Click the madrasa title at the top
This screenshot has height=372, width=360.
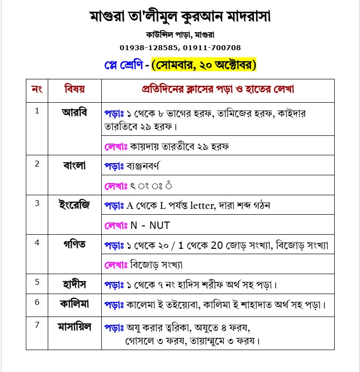point(180,17)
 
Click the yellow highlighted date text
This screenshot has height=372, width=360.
point(204,65)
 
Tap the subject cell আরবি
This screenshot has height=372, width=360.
point(75,112)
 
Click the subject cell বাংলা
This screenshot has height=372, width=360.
point(75,165)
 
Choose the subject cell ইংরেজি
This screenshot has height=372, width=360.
point(75,204)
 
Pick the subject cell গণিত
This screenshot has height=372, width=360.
point(75,244)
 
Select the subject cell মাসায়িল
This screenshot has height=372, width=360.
point(75,327)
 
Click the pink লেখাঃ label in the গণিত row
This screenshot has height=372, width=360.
point(116,264)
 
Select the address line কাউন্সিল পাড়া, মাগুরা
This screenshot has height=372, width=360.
point(180,35)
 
